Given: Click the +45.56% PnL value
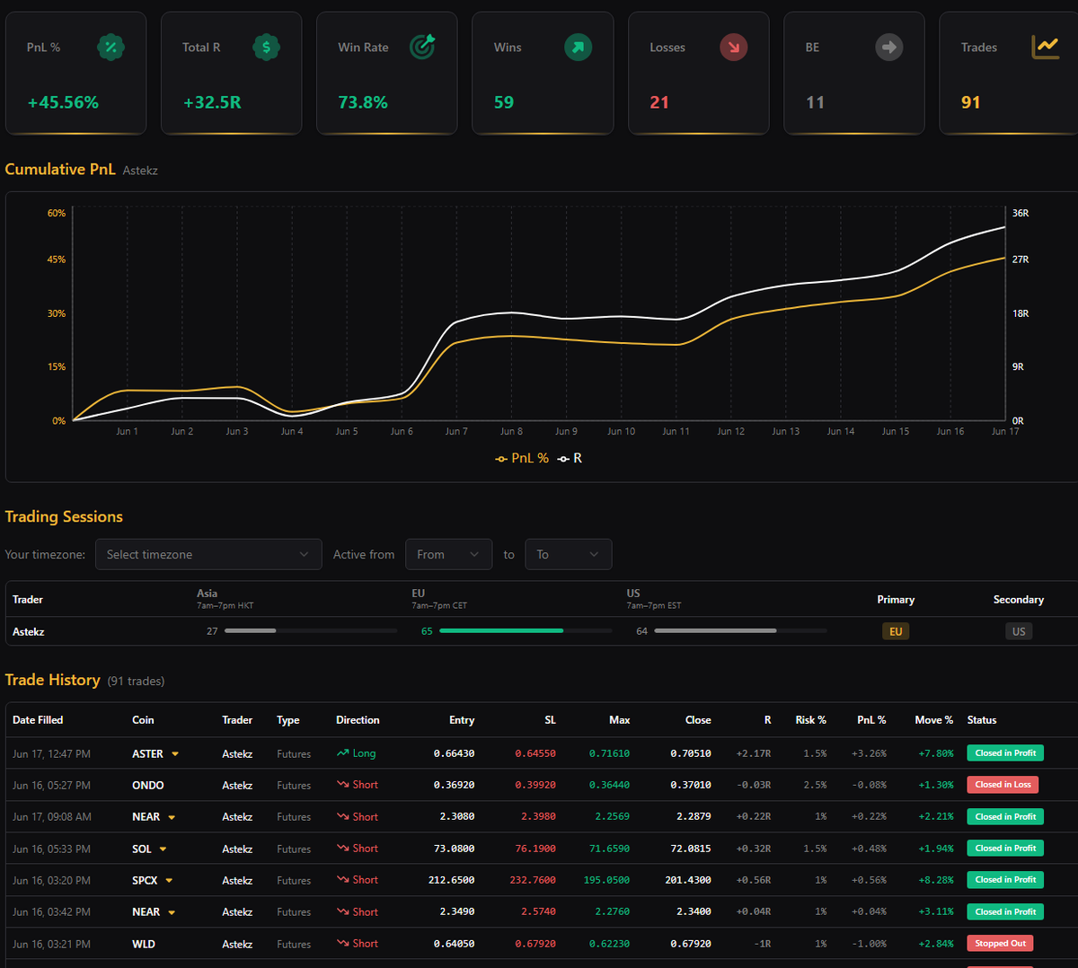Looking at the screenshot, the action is (x=63, y=102).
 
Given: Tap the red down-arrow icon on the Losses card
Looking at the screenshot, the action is (x=733, y=48).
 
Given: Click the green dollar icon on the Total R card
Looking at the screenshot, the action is (x=266, y=48).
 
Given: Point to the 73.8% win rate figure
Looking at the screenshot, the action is (x=363, y=102).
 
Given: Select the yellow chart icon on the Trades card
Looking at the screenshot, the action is (x=1045, y=47).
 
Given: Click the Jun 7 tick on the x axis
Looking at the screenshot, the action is (x=456, y=431).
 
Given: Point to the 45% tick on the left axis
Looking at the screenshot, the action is (x=57, y=260).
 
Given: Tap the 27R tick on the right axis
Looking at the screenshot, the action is (x=1020, y=260).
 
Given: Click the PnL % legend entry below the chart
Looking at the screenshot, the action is (x=522, y=459).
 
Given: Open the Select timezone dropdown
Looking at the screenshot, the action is (x=208, y=554).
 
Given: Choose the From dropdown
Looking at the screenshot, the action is (x=448, y=554).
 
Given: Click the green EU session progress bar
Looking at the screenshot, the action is (x=501, y=630).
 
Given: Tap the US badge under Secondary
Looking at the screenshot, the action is (x=1019, y=631).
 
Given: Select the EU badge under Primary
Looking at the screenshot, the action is (x=896, y=631).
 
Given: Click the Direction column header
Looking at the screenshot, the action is (x=358, y=720).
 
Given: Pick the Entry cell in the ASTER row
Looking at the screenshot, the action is (x=454, y=753).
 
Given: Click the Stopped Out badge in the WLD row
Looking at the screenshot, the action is (x=1000, y=944).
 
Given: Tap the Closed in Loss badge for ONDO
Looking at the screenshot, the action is (x=1003, y=785).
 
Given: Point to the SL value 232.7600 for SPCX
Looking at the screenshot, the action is (x=533, y=880).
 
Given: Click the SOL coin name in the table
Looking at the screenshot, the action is (x=142, y=849).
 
